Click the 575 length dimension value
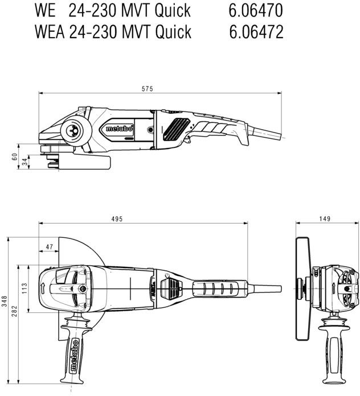[148, 89]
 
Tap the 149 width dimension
[324, 219]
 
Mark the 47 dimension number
[50, 246]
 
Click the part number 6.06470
[256, 10]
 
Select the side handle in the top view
[75, 350]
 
